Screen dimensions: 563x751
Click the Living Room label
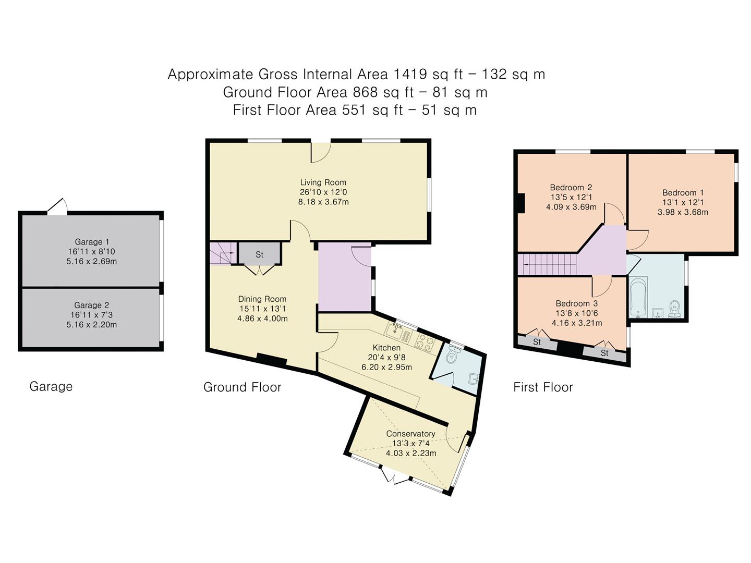(x=323, y=182)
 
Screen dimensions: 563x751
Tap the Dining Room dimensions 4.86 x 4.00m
(x=263, y=319)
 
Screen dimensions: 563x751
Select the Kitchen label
(x=386, y=348)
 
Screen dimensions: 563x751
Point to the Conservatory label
(x=410, y=434)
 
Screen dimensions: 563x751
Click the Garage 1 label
(x=92, y=242)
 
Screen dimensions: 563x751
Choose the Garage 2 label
(x=92, y=305)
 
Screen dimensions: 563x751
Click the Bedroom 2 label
(x=571, y=188)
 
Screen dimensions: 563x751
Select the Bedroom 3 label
(x=576, y=303)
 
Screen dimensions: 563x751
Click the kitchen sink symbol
(x=396, y=329)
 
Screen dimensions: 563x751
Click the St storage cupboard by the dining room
(x=260, y=254)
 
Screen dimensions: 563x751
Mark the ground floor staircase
(x=222, y=254)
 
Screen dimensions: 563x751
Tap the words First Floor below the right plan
(x=543, y=387)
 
